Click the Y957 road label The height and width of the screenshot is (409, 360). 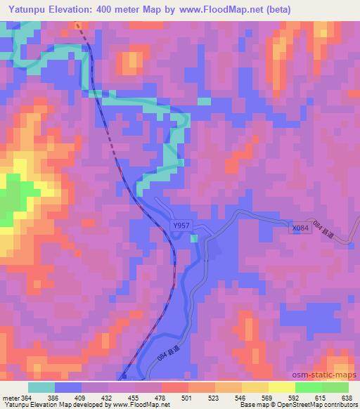[181, 226]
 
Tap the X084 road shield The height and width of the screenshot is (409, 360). [300, 229]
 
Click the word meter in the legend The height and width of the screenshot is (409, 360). [10, 398]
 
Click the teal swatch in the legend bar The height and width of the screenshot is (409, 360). [41, 387]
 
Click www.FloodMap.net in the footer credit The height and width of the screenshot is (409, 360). [141, 405]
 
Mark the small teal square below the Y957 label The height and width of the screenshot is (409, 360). [194, 238]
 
